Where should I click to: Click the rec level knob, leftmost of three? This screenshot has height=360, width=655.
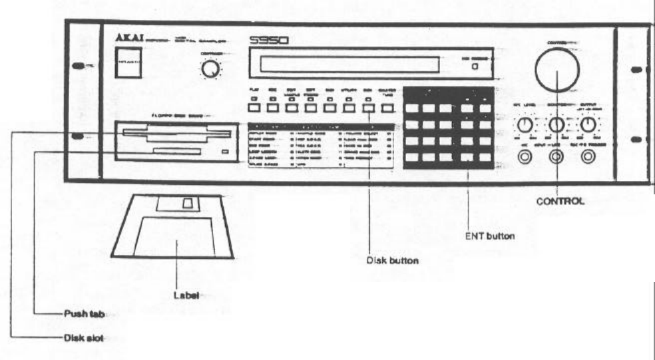525,125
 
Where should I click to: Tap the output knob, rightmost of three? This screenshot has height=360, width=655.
587,125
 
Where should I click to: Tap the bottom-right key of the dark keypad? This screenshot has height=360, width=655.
485,158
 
